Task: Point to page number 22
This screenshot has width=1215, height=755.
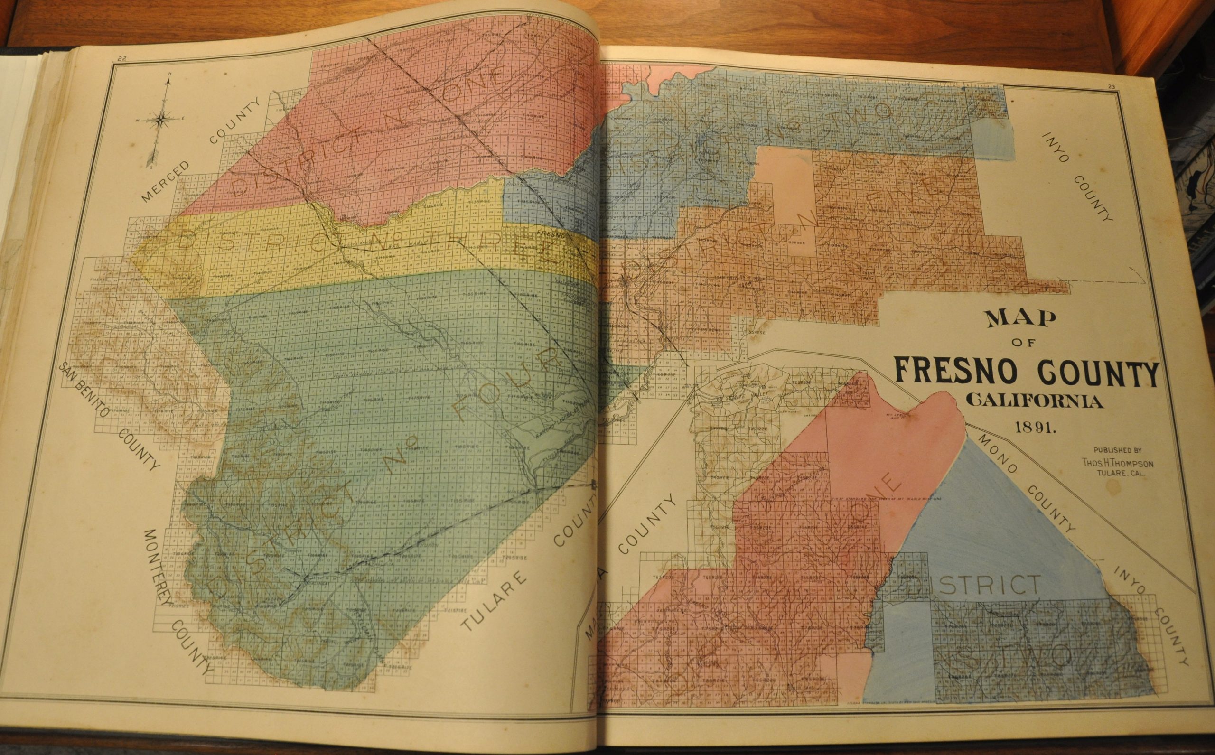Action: click(x=121, y=59)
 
